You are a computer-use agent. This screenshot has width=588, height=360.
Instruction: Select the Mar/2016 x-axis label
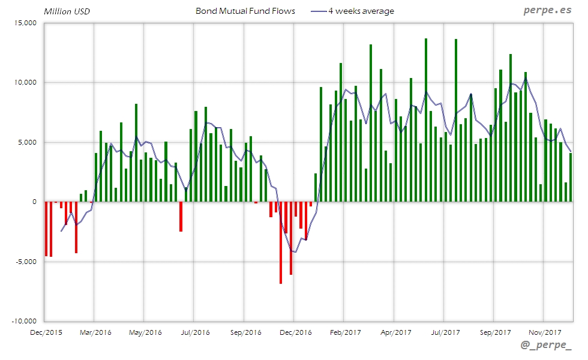[95, 332]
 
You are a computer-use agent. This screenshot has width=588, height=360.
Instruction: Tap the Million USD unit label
[67, 11]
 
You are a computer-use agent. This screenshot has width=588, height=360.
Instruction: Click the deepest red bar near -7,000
[280, 242]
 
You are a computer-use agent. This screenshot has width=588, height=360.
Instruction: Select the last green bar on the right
[571, 177]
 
